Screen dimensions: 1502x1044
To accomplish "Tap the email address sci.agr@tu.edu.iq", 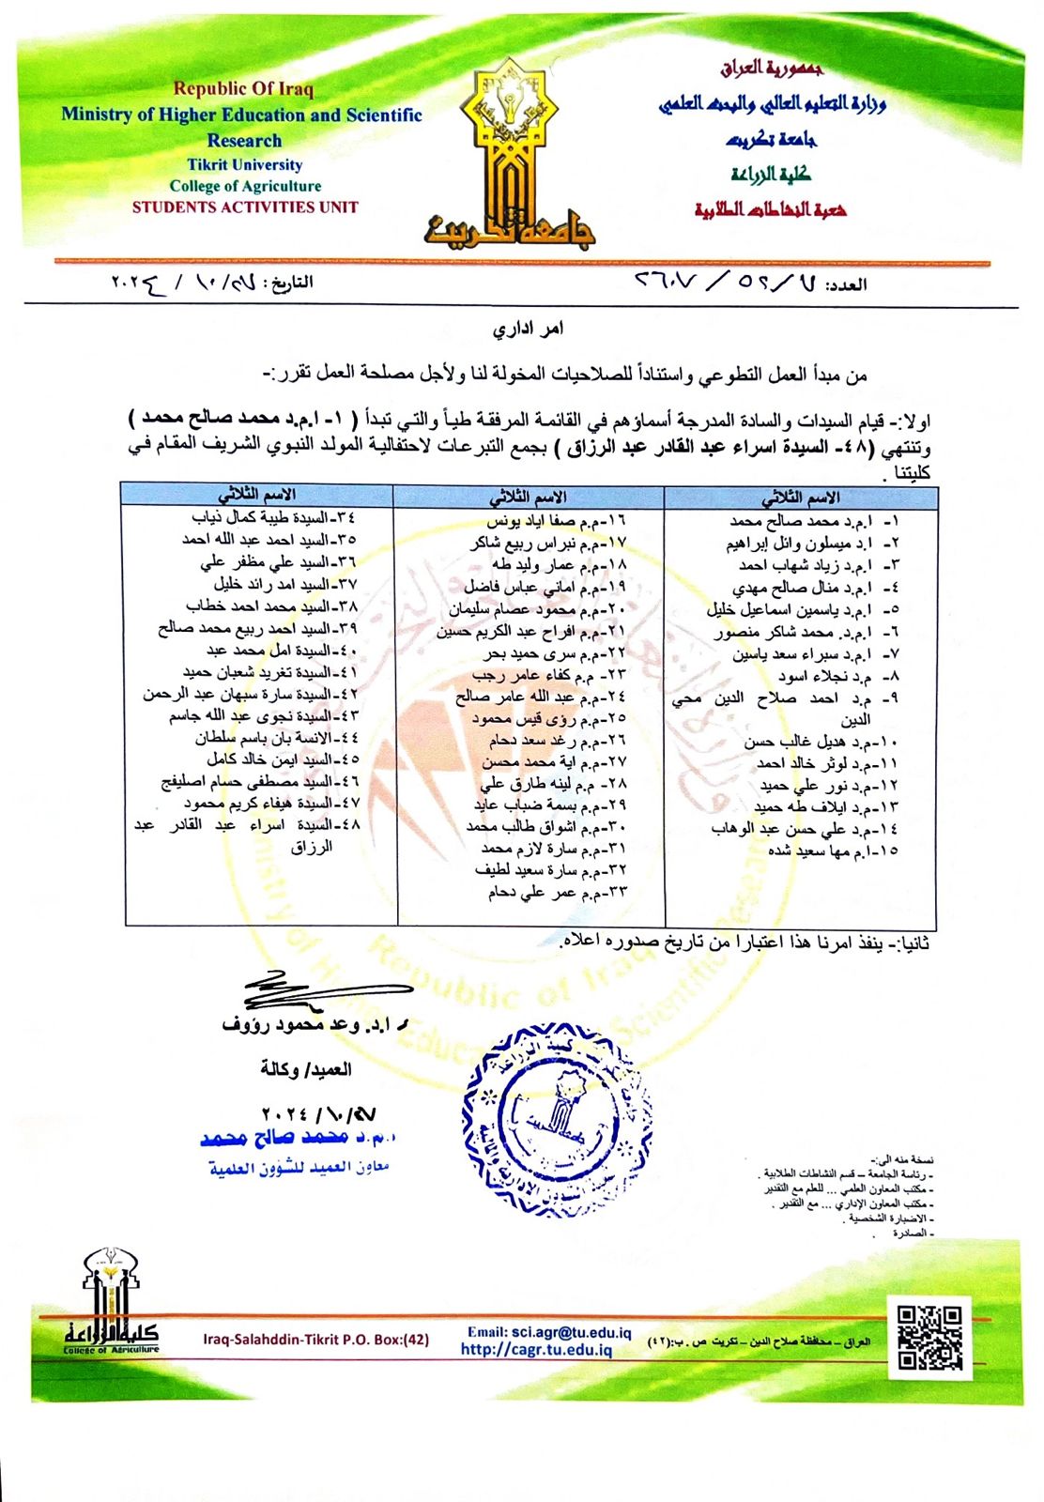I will (549, 1332).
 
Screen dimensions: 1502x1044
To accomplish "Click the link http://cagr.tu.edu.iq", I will (536, 1350).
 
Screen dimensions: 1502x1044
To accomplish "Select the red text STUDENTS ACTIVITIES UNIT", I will (245, 207).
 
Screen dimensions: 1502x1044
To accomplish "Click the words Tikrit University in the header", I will (244, 164).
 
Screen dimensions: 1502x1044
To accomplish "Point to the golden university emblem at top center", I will (508, 155).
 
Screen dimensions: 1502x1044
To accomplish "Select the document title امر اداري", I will (529, 330).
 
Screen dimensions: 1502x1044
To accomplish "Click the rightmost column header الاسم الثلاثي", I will (800, 498).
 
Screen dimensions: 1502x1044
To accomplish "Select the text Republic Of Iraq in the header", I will (243, 89).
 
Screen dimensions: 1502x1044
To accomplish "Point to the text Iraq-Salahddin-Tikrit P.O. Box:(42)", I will (315, 1340).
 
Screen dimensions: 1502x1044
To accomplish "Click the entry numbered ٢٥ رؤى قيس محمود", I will (548, 718).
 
